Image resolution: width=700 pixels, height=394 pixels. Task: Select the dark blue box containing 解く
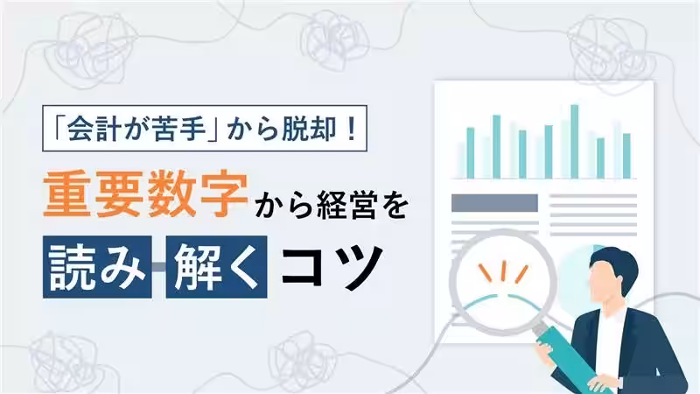coord(214,265)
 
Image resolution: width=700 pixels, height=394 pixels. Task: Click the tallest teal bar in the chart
coord(574,140)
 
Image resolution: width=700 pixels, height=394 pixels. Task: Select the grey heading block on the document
coord(493,202)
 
